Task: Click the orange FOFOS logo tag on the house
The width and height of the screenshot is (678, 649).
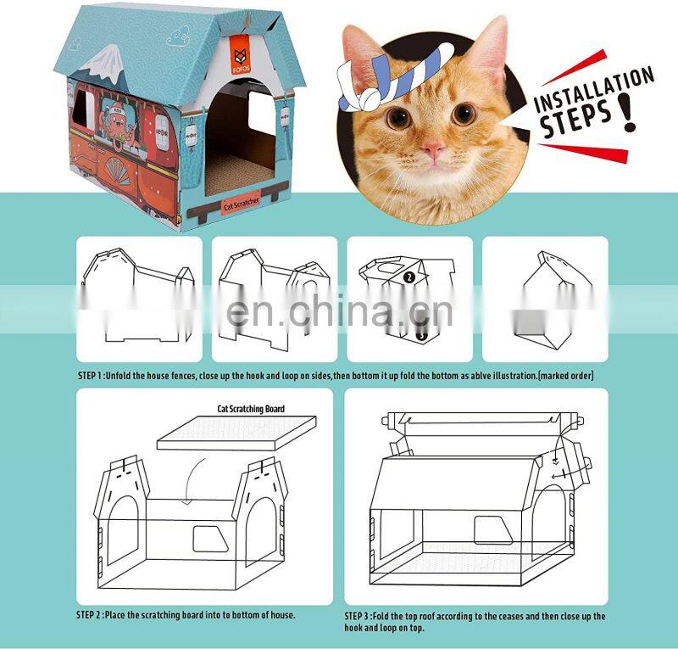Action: pyautogui.click(x=242, y=55)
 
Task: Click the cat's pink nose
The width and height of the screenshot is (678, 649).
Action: pyautogui.click(x=433, y=150)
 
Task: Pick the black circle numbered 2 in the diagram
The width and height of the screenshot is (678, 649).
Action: pyautogui.click(x=409, y=277)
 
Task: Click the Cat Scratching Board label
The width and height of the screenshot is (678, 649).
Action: pyautogui.click(x=251, y=409)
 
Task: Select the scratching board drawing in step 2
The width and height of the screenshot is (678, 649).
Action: pyautogui.click(x=236, y=433)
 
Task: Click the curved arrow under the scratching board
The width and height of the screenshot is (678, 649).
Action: pyautogui.click(x=192, y=481)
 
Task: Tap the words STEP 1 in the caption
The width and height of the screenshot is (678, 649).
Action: pyautogui.click(x=90, y=375)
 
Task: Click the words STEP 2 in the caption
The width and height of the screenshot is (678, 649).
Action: pyautogui.click(x=89, y=615)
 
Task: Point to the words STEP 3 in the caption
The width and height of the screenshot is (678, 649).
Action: pyautogui.click(x=357, y=616)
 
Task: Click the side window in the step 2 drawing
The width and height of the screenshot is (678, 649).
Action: pyautogui.click(x=209, y=539)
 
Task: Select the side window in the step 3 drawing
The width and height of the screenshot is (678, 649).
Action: pyautogui.click(x=492, y=530)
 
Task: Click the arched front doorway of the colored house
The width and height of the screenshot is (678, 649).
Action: pyautogui.click(x=241, y=139)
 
